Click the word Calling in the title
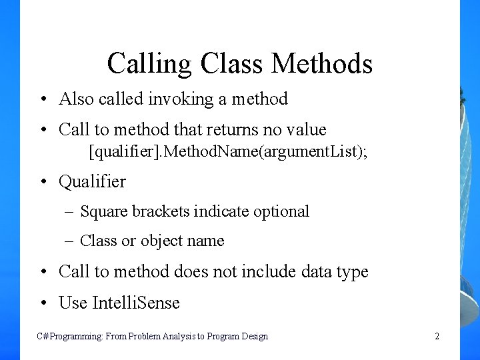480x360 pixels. click(149, 64)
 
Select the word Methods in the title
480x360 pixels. click(322, 63)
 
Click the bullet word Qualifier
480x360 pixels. click(92, 181)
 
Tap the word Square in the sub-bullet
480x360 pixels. click(103, 212)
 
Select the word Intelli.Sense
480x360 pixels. click(136, 303)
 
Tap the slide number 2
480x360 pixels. click(437, 337)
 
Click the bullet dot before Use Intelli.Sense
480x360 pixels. click(42, 303)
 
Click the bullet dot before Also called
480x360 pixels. click(42, 100)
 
